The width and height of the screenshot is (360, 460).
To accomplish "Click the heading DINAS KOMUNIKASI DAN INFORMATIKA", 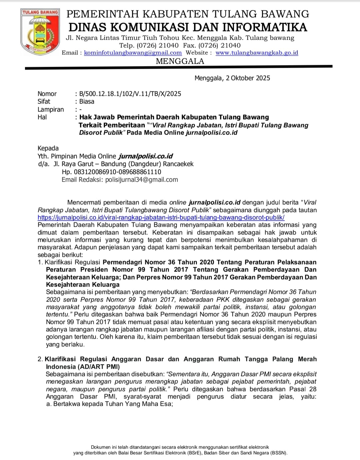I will point(188,27).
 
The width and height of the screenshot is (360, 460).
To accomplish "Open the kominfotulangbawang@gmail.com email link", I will point(133,53).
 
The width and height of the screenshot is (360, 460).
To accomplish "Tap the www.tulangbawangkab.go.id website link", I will point(257,53).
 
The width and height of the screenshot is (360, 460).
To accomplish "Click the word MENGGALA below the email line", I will point(180,61).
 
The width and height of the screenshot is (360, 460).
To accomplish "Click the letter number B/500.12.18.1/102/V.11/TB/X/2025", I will point(130,94).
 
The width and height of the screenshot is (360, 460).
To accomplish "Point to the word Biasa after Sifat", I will point(87,102).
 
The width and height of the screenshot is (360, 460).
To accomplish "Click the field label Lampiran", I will point(51,110).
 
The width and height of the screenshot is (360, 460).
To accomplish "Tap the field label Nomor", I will point(47,94).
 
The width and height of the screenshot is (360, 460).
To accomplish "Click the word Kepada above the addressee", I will point(48,148).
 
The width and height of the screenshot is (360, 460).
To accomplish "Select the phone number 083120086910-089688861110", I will point(111,172).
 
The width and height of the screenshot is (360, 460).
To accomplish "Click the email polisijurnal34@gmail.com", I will point(141,180).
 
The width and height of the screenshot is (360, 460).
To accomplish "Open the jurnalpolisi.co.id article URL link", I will point(161,218).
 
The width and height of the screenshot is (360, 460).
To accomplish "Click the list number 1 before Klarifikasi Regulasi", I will point(40,262).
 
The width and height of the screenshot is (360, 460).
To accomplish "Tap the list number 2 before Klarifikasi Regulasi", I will point(40,359).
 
